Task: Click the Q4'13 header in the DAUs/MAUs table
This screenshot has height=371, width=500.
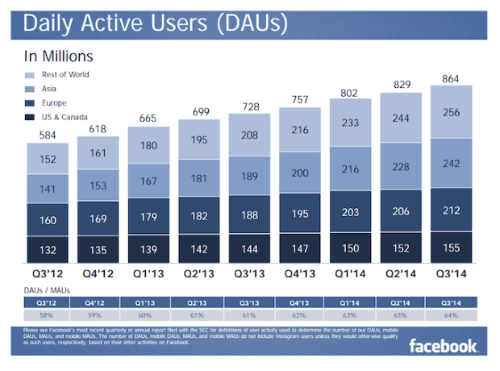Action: [x=300, y=302]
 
